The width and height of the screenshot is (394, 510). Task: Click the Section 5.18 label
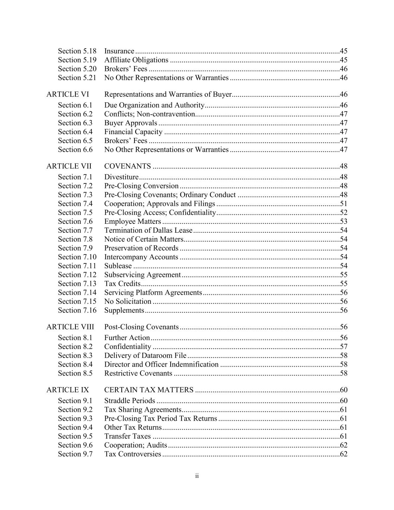click(x=77, y=51)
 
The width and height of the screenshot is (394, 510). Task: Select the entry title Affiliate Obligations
click(x=136, y=60)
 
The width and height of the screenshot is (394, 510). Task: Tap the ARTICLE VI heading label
click(x=68, y=95)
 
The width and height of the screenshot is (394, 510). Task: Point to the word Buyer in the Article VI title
click(x=222, y=95)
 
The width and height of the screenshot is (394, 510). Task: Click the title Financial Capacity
click(x=133, y=132)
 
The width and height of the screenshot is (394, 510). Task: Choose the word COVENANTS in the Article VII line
click(x=128, y=166)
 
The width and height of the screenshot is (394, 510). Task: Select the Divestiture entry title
click(x=121, y=177)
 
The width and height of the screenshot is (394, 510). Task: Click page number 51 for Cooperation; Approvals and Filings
click(x=344, y=204)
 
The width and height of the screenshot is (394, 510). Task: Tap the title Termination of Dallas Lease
click(x=148, y=231)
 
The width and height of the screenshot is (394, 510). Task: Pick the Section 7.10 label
click(x=77, y=257)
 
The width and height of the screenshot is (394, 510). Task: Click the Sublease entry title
click(x=118, y=266)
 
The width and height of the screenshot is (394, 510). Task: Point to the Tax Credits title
click(x=122, y=284)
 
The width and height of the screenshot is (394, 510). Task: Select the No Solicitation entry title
click(x=128, y=302)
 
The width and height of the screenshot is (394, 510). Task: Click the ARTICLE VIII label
click(x=70, y=327)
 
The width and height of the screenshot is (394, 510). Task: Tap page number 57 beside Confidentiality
click(x=344, y=347)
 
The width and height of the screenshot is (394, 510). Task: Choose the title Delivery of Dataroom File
click(x=145, y=356)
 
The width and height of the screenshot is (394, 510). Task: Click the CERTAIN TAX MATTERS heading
click(x=149, y=390)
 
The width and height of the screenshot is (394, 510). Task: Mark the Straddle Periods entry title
click(x=130, y=401)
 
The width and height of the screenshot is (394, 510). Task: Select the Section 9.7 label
click(x=75, y=454)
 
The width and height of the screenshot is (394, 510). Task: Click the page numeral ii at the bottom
click(x=197, y=476)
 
